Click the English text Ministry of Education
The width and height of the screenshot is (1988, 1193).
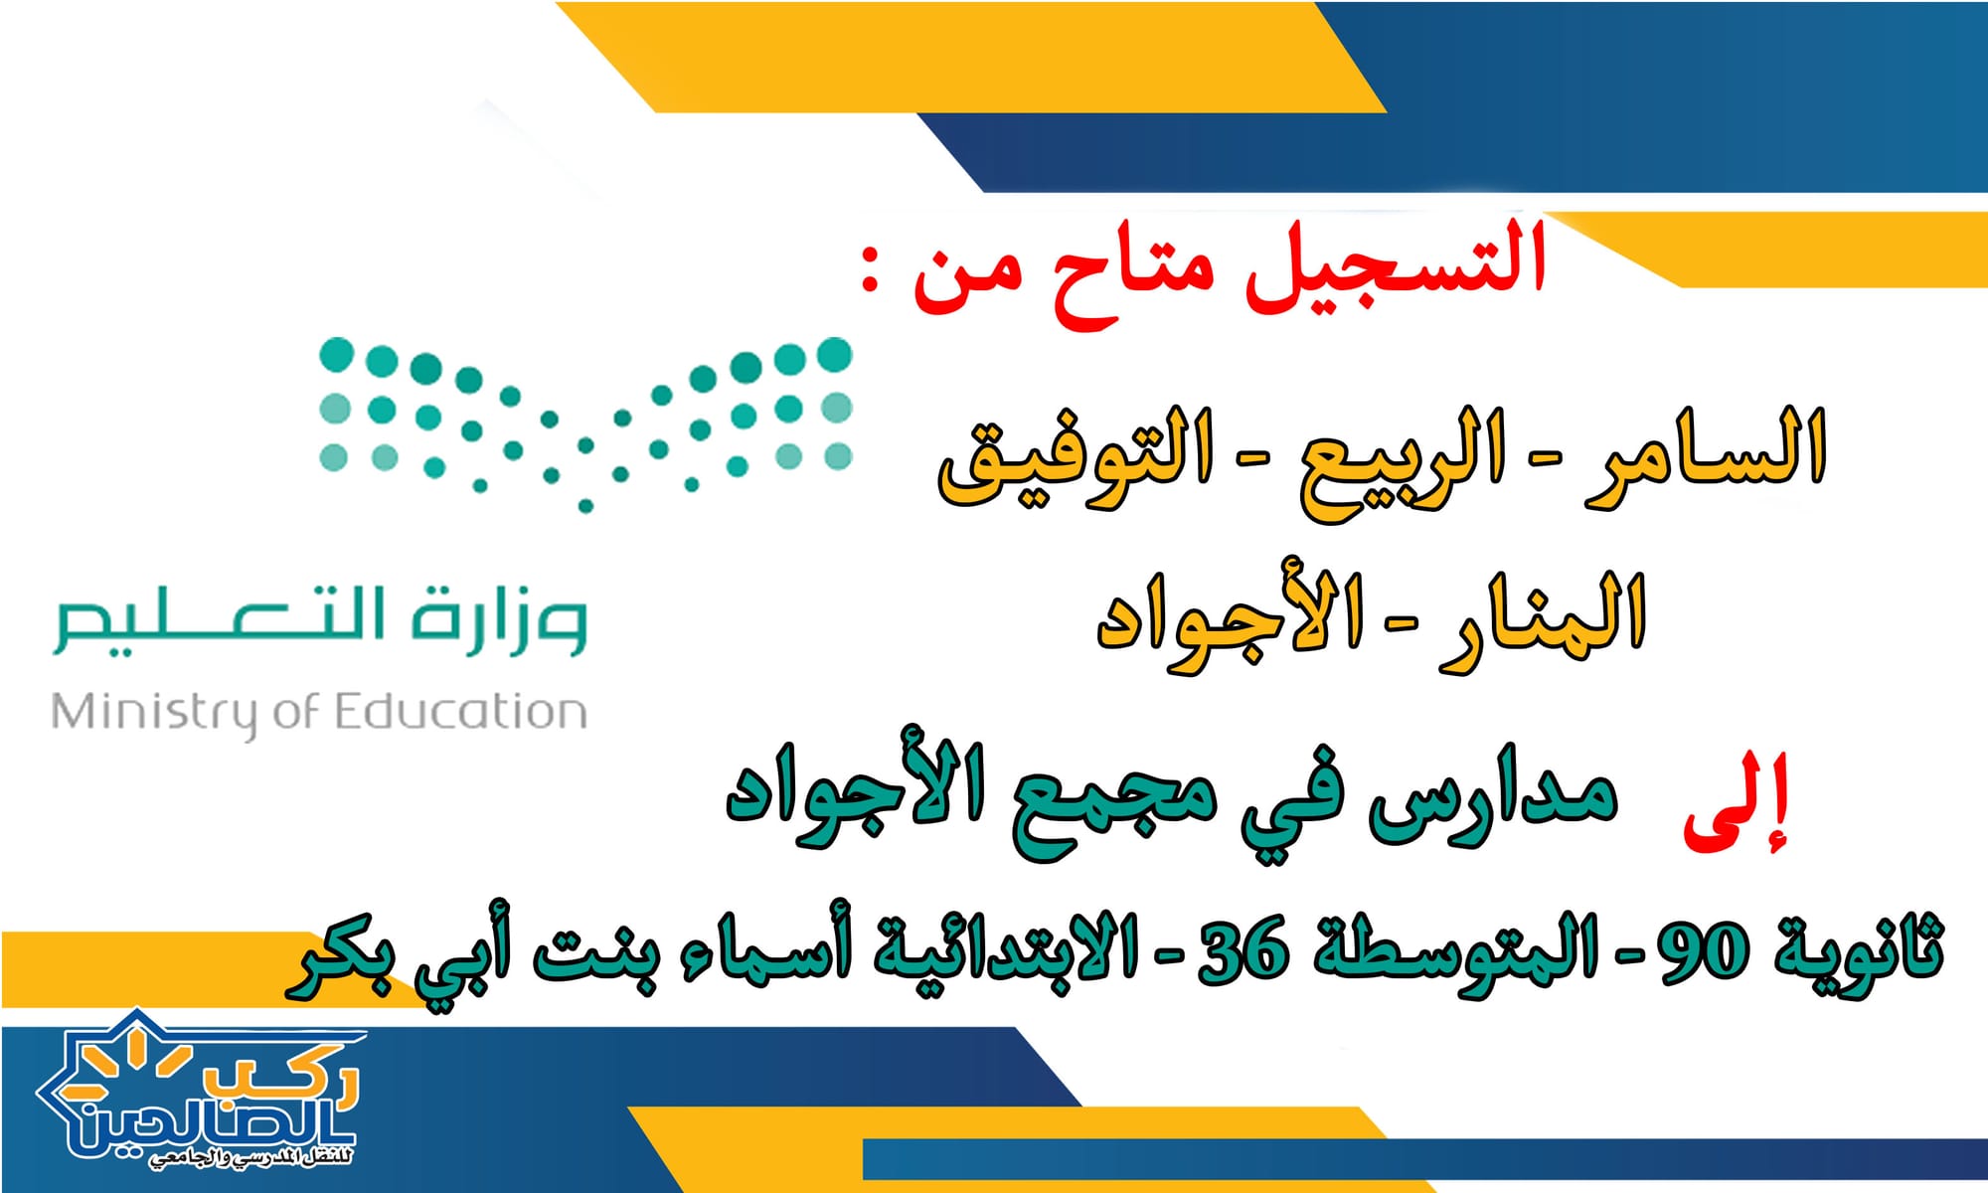(x=319, y=714)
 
